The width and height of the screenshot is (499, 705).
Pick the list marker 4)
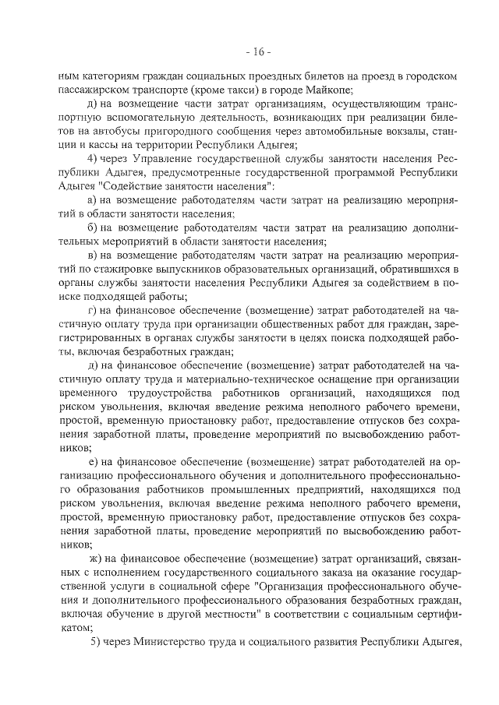pyautogui.click(x=94, y=160)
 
